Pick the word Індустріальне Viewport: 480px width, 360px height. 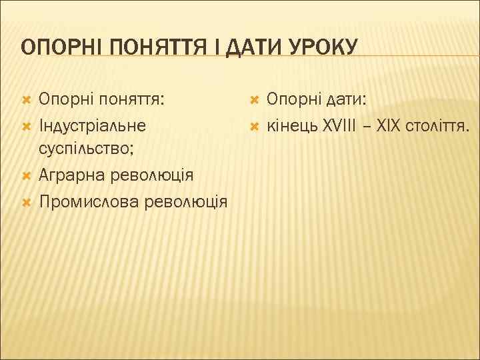[x=93, y=125]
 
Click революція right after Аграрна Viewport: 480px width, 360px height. [x=150, y=175]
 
